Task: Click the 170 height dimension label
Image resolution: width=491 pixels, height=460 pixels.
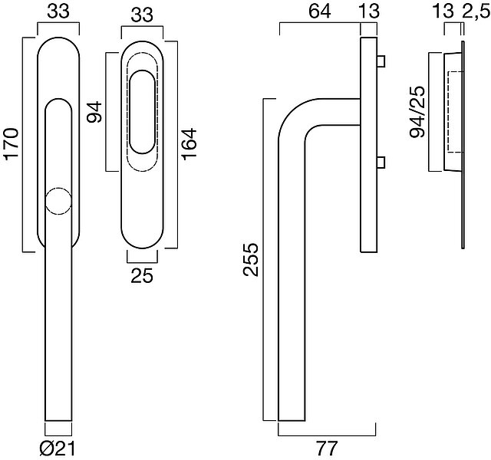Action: point(12,144)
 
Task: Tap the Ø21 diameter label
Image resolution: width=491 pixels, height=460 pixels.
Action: point(58,449)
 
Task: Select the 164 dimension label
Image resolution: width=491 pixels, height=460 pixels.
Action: point(189,144)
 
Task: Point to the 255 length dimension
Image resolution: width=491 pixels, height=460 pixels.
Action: point(251,259)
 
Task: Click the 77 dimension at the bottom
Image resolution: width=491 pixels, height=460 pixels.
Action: point(327,449)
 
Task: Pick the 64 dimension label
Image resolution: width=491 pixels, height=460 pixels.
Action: point(320,11)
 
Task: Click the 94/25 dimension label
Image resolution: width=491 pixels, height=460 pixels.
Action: point(417,112)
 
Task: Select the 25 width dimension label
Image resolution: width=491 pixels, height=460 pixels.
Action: point(142,276)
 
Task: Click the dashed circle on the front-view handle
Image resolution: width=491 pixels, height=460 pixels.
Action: point(58,201)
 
